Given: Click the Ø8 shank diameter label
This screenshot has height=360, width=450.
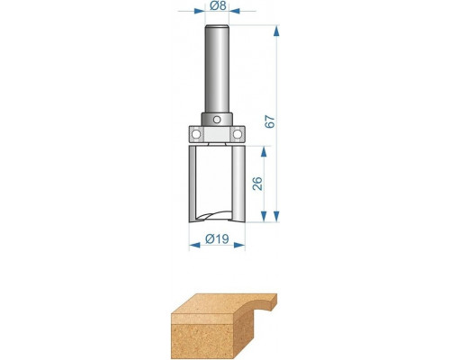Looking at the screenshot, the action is pyautogui.click(x=218, y=5).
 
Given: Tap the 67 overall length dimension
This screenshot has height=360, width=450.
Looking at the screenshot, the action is pyautogui.click(x=270, y=121).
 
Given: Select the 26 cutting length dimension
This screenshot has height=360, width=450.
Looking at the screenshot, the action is pyautogui.click(x=257, y=184).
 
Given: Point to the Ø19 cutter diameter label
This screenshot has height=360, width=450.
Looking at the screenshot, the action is pyautogui.click(x=217, y=239).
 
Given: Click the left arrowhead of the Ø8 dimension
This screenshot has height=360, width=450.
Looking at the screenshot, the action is pyautogui.click(x=200, y=12).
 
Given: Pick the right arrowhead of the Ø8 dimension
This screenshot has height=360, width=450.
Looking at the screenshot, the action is pyautogui.click(x=234, y=12).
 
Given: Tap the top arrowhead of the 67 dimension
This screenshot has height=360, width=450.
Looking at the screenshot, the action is pyautogui.click(x=276, y=31).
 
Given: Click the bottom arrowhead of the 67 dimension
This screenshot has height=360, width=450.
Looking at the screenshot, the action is pyautogui.click(x=276, y=216).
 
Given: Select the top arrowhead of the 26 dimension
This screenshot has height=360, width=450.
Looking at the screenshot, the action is pyautogui.click(x=264, y=152).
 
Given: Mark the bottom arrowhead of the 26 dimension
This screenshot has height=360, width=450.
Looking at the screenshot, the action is pyautogui.click(x=264, y=216).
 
